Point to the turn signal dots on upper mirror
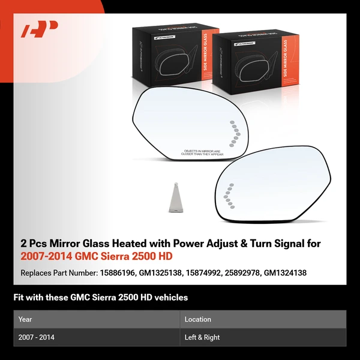tap(234, 131)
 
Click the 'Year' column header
tap(25, 319)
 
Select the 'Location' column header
tap(197, 319)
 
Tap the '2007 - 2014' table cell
tap(37, 337)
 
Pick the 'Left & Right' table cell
tap(202, 337)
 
